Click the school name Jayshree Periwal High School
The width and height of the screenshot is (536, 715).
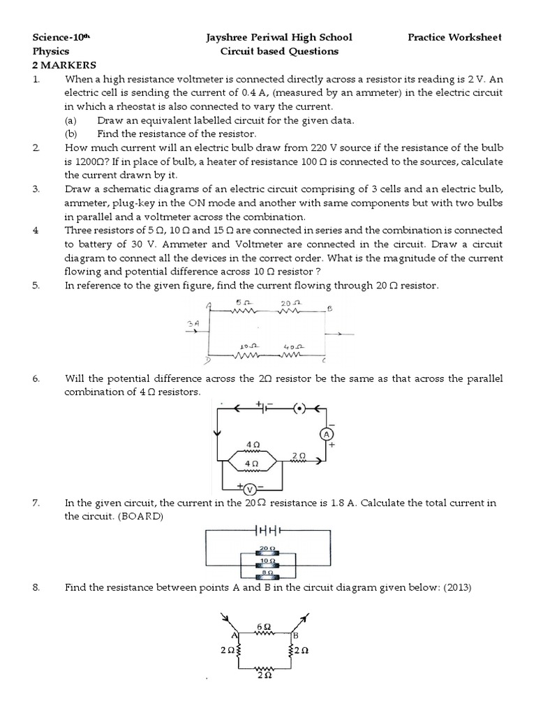point(279,37)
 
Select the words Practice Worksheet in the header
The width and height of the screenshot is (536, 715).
point(454,37)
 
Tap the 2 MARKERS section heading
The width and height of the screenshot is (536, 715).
point(64,65)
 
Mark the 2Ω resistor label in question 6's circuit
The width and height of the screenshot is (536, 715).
point(299,455)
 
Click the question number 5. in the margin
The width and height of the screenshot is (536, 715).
point(37,286)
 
